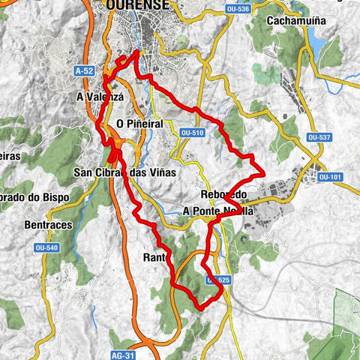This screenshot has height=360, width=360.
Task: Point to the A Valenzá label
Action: (100, 97)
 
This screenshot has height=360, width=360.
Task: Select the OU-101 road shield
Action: (329, 177)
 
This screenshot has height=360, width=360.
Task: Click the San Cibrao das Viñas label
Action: (125, 172)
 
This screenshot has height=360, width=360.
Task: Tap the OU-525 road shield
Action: (215, 280)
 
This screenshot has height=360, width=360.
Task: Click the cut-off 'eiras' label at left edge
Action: (11, 156)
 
